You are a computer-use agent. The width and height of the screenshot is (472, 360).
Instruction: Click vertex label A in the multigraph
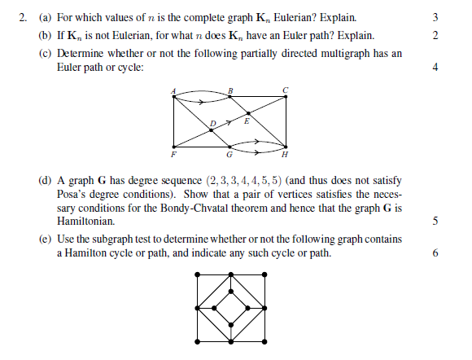click(173, 91)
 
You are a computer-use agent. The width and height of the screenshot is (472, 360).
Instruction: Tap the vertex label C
click(285, 89)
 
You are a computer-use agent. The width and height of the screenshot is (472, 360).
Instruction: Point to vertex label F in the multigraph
click(173, 154)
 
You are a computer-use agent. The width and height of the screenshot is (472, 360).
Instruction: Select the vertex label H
click(284, 154)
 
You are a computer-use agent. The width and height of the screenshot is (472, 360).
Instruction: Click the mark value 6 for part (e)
click(436, 253)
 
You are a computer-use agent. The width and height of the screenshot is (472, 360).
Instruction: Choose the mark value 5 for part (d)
click(436, 220)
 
